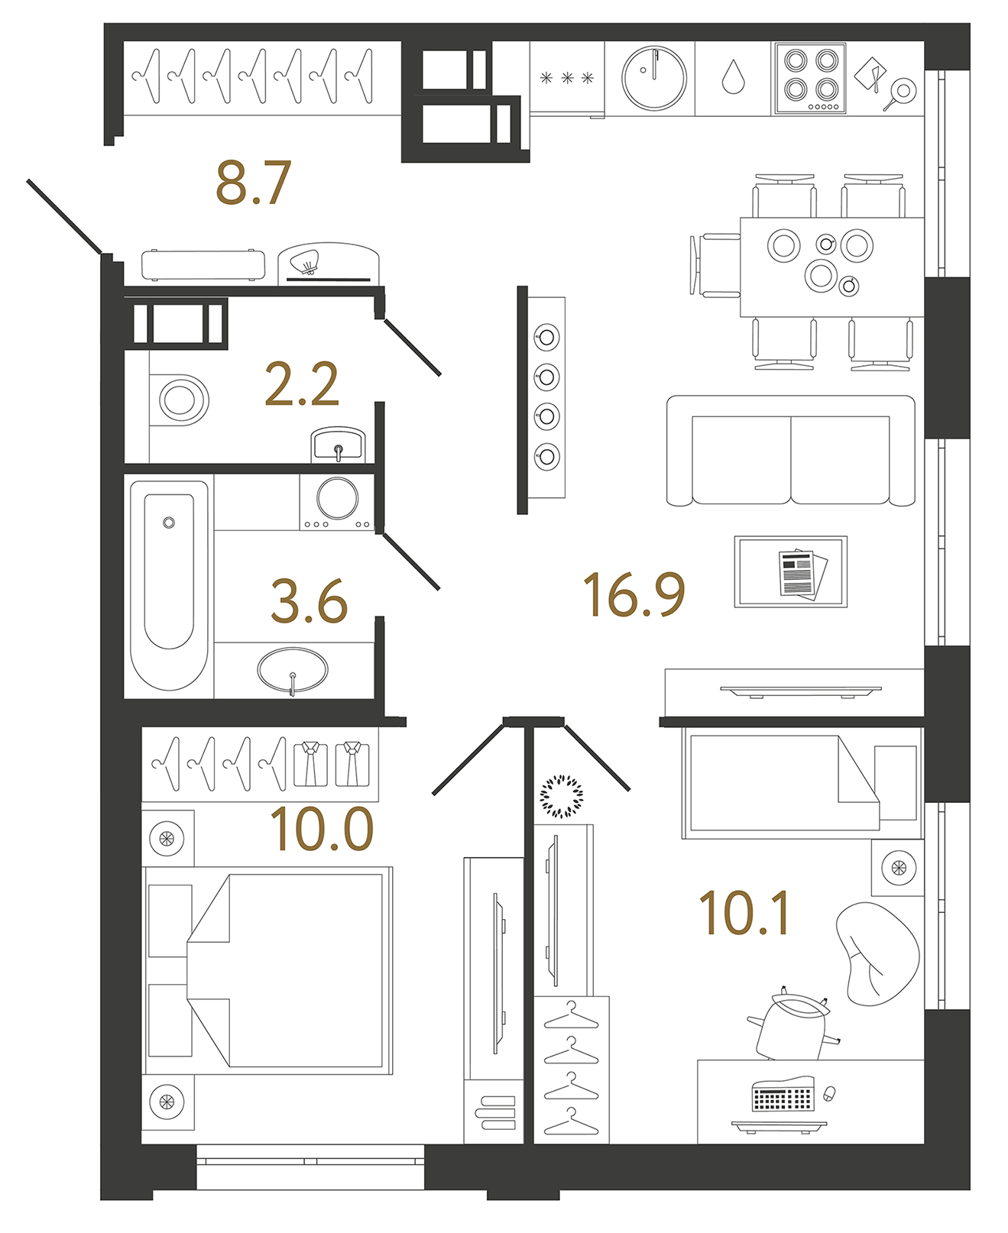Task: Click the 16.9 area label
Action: tap(634, 594)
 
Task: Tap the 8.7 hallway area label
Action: tap(253, 183)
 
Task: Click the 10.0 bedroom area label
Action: tap(321, 829)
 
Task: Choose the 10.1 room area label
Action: tap(744, 914)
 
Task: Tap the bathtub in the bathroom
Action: tap(169, 584)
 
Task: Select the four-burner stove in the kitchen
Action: tap(810, 79)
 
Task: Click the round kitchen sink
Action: tap(653, 78)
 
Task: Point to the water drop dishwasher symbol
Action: tap(733, 78)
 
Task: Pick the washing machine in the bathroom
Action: tap(337, 501)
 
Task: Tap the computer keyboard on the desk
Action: tap(781, 1097)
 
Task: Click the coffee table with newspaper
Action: tap(790, 572)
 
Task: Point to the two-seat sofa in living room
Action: tap(790, 451)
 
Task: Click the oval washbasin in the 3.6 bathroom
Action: tap(293, 670)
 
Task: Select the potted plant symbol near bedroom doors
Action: tap(561, 796)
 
